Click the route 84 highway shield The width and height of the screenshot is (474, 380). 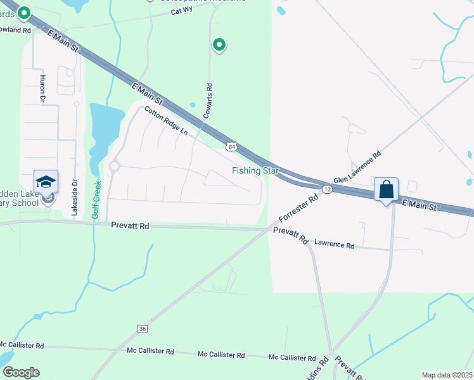tap(233, 147)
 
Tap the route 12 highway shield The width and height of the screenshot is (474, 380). tap(327, 189)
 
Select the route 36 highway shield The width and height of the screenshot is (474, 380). tap(142, 329)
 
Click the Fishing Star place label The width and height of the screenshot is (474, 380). tap(255, 170)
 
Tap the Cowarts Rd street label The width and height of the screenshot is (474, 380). tap(207, 100)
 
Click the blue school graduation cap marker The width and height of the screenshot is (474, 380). tap(46, 182)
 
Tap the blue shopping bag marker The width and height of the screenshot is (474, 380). tap(386, 189)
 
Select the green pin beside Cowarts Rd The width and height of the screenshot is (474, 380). tap(219, 45)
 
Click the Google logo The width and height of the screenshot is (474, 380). tap(21, 372)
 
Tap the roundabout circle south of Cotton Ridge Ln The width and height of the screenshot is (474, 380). tap(114, 167)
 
